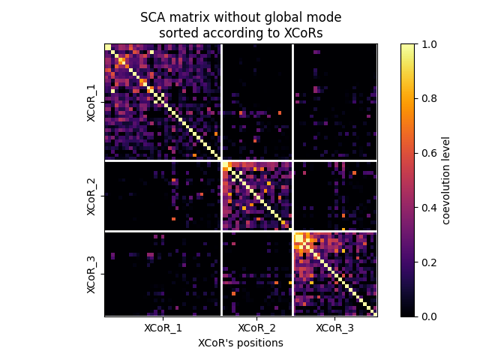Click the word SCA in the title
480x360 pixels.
tap(151, 16)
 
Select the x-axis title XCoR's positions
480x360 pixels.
tap(241, 343)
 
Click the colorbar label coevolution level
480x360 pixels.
tap(445, 180)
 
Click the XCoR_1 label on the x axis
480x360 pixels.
tap(163, 328)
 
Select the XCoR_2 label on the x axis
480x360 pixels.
tap(256, 328)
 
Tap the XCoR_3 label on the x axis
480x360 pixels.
tap(334, 328)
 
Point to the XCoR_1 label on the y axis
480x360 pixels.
tap(91, 102)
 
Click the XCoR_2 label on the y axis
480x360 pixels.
tap(91, 196)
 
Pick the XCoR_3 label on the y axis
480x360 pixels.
tap(91, 274)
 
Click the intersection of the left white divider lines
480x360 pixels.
tap(221, 160)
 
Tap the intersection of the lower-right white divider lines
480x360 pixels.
tap(292, 231)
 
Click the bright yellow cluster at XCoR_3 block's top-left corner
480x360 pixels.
tap(300, 239)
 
